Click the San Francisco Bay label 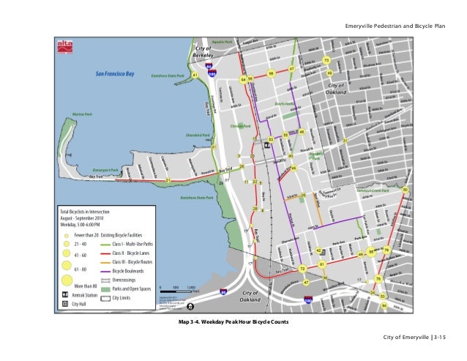119,73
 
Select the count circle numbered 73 326,59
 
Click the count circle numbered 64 243,79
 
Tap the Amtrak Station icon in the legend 65,293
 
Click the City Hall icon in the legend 65,302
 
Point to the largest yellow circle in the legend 67,278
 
